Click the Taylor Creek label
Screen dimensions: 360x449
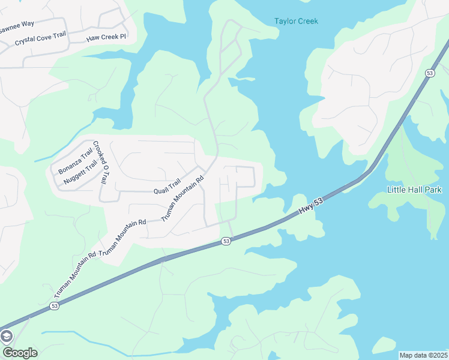pyautogui.click(x=296, y=21)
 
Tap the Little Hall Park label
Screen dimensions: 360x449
pyautogui.click(x=414, y=190)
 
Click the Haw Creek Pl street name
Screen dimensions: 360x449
pyautogui.click(x=106, y=37)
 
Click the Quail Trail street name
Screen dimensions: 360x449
pyautogui.click(x=167, y=187)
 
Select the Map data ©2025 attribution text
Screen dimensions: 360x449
pyautogui.click(x=423, y=355)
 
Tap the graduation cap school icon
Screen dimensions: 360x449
pyautogui.click(x=7, y=336)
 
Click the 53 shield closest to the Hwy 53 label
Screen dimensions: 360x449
pyautogui.click(x=225, y=241)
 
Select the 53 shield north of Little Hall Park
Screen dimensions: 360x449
pyautogui.click(x=429, y=73)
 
